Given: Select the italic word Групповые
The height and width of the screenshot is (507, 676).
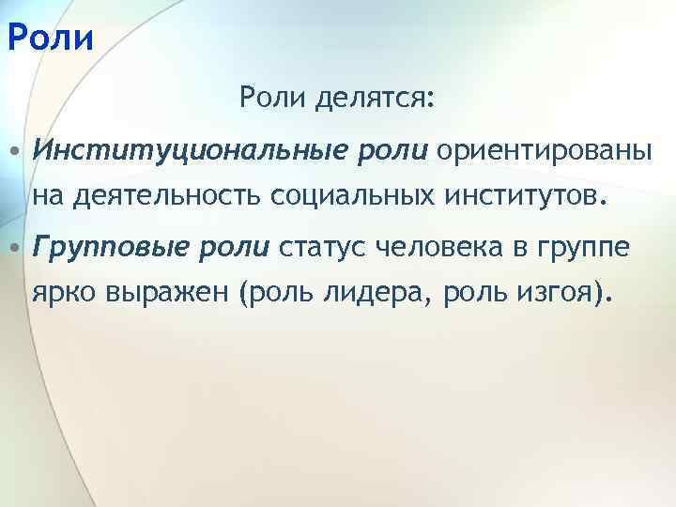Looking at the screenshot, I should [112, 248].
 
